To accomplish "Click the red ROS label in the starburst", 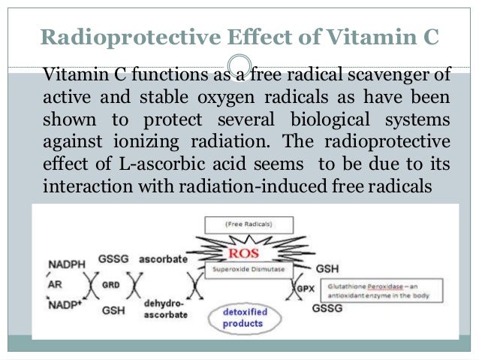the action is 249,254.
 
